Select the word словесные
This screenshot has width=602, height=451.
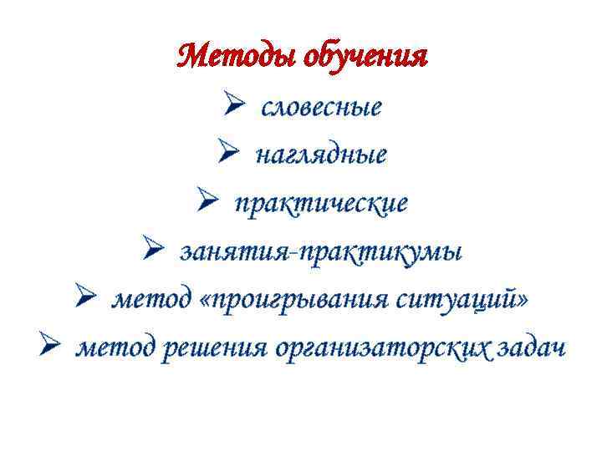(x=322, y=108)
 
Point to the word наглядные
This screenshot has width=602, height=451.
(x=322, y=155)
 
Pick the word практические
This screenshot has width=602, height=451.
(x=322, y=203)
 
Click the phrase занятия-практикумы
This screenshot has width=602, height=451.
(x=322, y=251)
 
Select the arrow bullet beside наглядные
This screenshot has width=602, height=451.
(x=229, y=155)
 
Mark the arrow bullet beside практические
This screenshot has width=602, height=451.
(x=208, y=202)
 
